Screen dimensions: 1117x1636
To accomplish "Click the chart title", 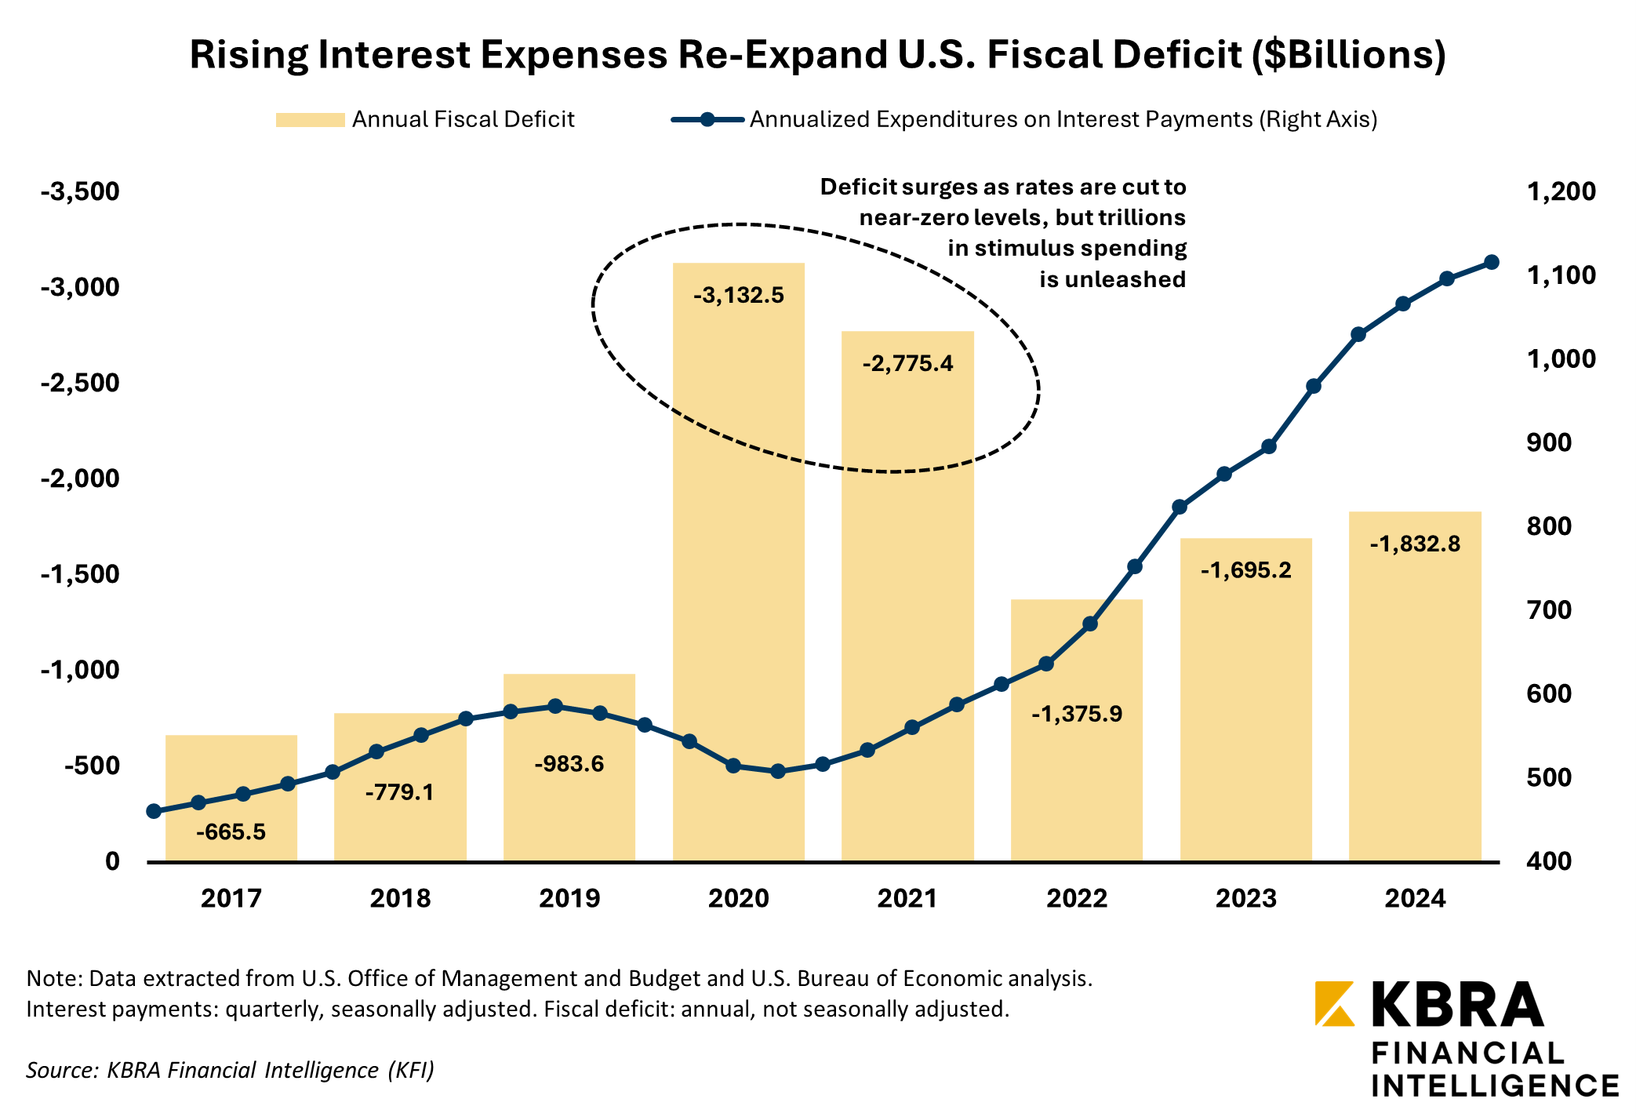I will [817, 55].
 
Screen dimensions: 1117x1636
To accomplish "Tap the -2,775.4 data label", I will [907, 364].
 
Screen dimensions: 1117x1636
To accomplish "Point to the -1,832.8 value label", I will [1415, 544].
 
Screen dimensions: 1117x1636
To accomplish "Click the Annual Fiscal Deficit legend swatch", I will [310, 120].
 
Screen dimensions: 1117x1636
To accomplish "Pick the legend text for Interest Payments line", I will [1063, 119].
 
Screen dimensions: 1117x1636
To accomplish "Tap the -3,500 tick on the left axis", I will [81, 191].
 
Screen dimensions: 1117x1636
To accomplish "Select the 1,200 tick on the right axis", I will [1561, 191].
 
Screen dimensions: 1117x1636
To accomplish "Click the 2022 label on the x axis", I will [1076, 898].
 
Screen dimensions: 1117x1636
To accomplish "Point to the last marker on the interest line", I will [1492, 262].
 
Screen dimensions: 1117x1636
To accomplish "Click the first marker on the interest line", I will [154, 811].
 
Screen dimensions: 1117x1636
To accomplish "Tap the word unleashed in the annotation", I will [1112, 279].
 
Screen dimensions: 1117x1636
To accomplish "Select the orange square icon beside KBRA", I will [1334, 1003].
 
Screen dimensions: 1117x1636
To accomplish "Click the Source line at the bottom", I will [230, 1070].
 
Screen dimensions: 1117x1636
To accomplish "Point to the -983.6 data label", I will [569, 764].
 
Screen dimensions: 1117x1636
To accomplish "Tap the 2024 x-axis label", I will [1415, 898].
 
